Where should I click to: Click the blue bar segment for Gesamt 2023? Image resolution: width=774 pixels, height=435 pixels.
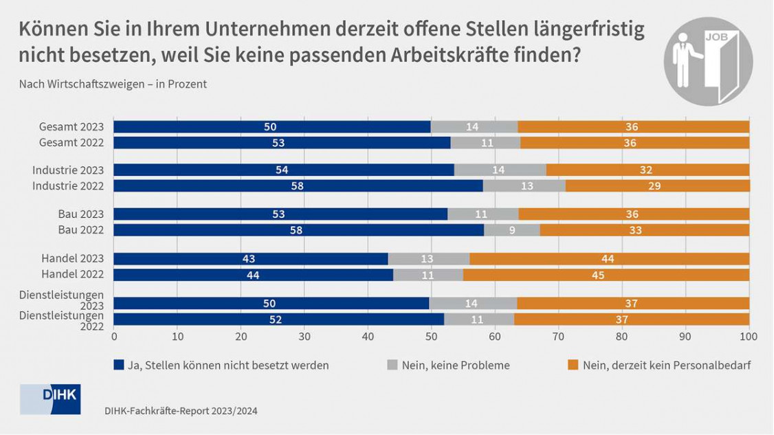pos(272,126)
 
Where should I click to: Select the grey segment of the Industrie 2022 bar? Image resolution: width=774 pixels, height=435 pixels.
pos(524,186)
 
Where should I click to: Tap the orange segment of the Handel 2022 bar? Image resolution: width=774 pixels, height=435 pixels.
pos(606,275)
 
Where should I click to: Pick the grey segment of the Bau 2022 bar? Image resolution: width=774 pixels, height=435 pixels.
pos(512,230)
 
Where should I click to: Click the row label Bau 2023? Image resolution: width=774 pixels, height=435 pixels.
pos(80,214)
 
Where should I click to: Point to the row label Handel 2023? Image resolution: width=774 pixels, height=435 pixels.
pos(73,258)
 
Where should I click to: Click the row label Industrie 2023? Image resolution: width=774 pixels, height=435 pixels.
pos(67,169)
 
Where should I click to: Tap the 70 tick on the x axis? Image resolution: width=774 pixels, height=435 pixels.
pos(558,337)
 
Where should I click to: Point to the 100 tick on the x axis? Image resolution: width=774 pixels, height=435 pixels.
pos(748,337)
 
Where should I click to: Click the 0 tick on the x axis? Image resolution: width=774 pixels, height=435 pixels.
pos(114,337)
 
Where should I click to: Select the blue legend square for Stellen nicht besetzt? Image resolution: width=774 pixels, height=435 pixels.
pos(119,366)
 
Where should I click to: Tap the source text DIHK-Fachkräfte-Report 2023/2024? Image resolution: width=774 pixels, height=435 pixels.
pos(181,410)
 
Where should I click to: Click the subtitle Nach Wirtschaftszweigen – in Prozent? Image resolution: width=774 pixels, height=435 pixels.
pos(113,85)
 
